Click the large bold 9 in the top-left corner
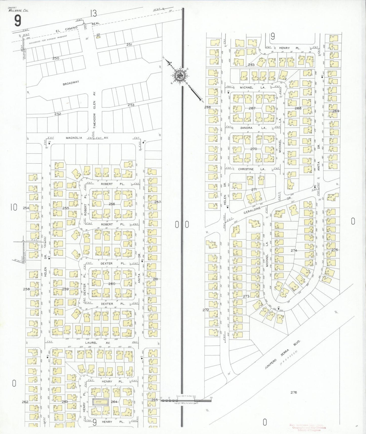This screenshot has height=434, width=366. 17,21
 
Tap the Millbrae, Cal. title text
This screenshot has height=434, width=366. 18,10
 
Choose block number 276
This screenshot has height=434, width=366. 294,399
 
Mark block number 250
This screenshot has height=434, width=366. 56,58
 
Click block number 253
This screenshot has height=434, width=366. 131,105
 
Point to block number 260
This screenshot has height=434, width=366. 112,283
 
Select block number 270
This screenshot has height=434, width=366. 254,149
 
